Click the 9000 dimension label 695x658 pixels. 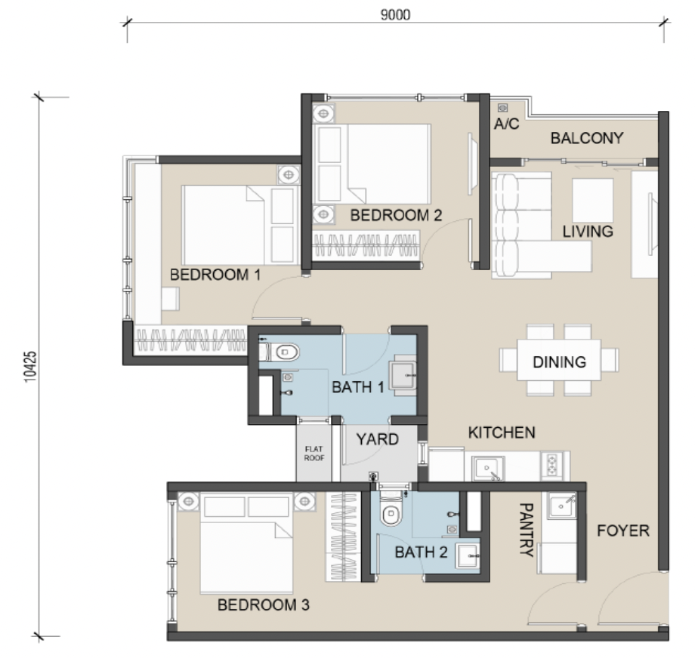pyautogui.click(x=395, y=15)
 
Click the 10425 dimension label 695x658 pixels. pyautogui.click(x=29, y=367)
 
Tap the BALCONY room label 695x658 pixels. pyautogui.click(x=587, y=138)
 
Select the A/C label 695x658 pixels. pyautogui.click(x=506, y=124)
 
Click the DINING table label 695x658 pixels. pyautogui.click(x=559, y=362)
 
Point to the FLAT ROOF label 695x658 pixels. pyautogui.click(x=314, y=454)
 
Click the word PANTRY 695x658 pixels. pyautogui.click(x=526, y=530)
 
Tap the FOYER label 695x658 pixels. pyautogui.click(x=622, y=530)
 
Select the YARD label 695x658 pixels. pyautogui.click(x=377, y=439)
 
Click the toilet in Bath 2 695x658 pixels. pyautogui.click(x=391, y=509)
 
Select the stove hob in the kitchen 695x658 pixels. pyautogui.click(x=551, y=465)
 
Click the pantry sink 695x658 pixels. pyautogui.click(x=561, y=506)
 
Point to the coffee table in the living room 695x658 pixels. pyautogui.click(x=592, y=201)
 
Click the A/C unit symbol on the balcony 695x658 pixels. pyautogui.click(x=502, y=108)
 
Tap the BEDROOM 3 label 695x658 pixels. pyautogui.click(x=264, y=605)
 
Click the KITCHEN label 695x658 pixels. pyautogui.click(x=502, y=432)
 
